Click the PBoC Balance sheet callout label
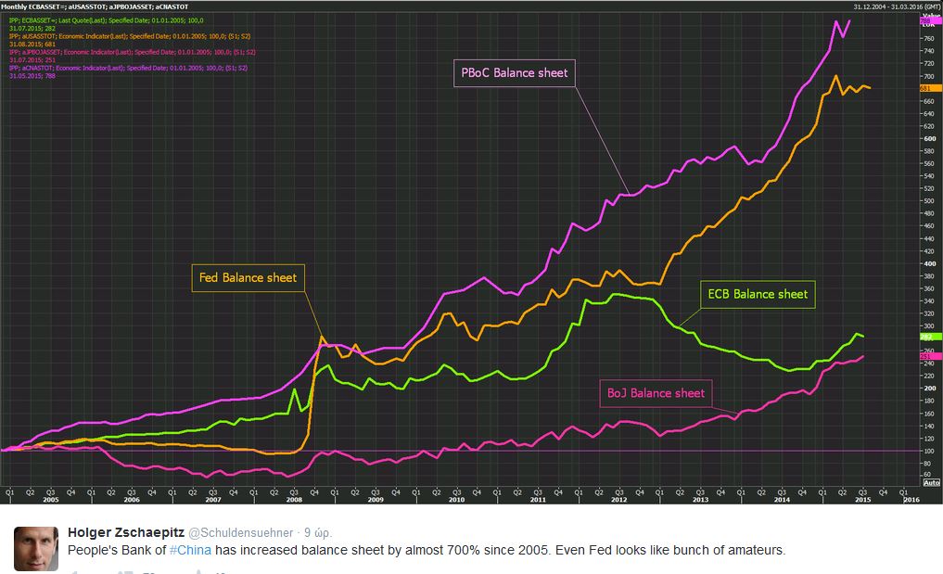tap(515, 72)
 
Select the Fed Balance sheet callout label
tap(248, 277)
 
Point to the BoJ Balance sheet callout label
tap(656, 393)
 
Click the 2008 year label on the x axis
tap(295, 499)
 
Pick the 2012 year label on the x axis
tap(618, 499)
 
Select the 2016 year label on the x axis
tap(912, 499)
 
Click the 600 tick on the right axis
tap(927, 139)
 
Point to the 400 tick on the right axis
tap(927, 263)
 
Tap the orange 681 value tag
tap(929, 88)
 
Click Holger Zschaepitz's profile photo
tap(35, 546)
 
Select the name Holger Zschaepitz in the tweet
tap(126, 532)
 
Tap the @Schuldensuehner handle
tap(242, 533)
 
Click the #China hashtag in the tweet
tap(190, 550)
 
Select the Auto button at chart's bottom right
tap(932, 482)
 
